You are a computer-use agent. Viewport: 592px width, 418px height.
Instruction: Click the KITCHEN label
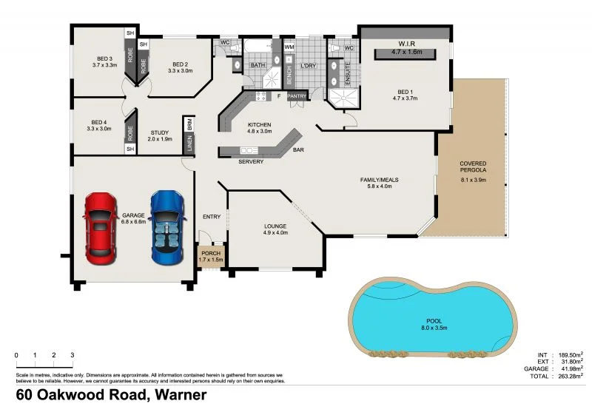[260, 124]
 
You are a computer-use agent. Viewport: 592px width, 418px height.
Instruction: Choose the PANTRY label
[297, 96]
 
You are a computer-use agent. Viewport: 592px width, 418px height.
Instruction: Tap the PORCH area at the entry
[211, 256]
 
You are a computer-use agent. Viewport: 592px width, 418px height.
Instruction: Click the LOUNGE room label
[275, 226]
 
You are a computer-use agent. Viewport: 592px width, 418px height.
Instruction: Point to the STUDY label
[160, 133]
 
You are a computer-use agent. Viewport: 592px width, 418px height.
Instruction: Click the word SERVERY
[251, 162]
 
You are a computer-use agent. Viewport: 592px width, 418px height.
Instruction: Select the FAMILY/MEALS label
[379, 181]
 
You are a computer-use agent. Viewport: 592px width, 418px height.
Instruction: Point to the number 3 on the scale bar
[72, 356]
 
